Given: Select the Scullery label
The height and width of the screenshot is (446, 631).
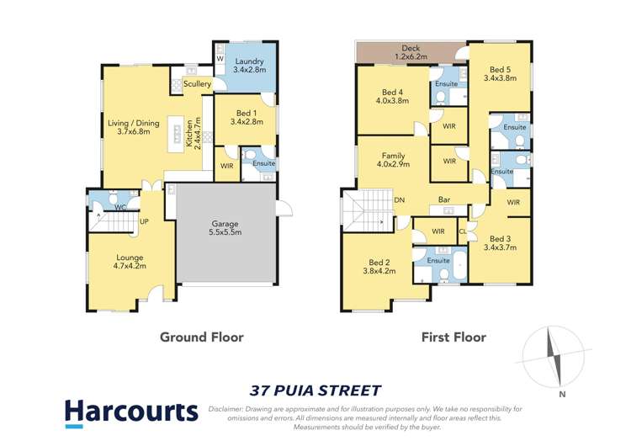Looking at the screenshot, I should (x=198, y=84).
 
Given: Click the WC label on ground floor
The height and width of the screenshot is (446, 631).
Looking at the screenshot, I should (x=120, y=206).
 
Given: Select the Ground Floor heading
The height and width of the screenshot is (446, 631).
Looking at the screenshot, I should (x=202, y=337).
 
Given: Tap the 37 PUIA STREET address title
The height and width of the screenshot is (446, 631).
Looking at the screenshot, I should (x=315, y=390).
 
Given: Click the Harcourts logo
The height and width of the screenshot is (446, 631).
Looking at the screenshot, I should (x=131, y=412).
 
